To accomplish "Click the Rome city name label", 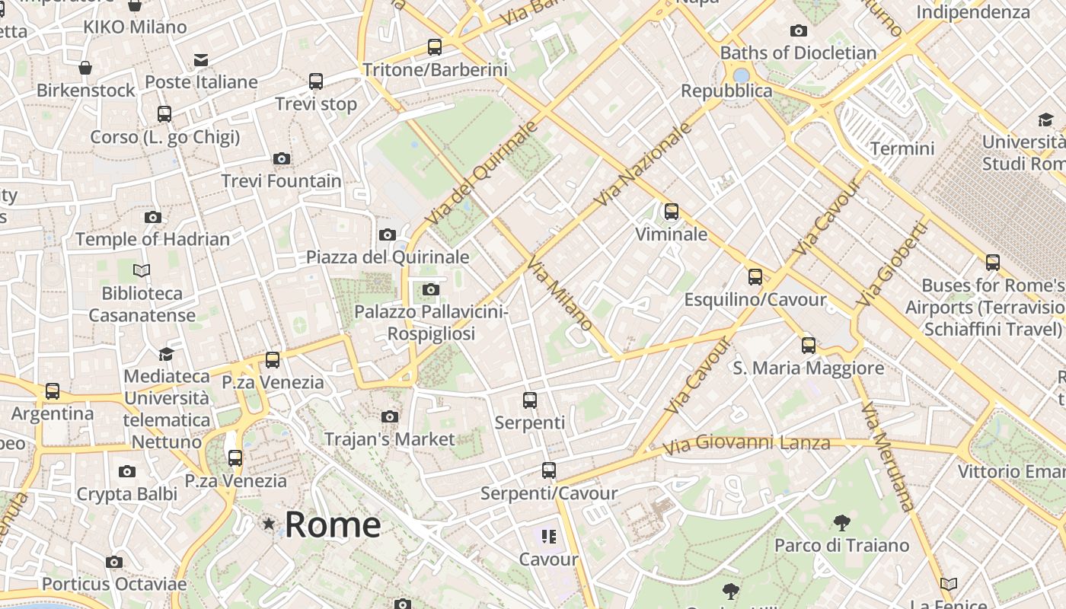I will (x=333, y=525).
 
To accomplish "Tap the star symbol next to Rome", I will (x=269, y=524).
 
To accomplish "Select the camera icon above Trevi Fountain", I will (x=282, y=158).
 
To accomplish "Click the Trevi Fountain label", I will (x=281, y=181).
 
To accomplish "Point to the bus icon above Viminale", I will (x=671, y=212).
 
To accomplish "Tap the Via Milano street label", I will (x=560, y=293).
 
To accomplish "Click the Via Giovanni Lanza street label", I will (x=746, y=443).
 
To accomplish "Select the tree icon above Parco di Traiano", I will (x=841, y=522).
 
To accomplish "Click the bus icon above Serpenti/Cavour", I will (x=548, y=470).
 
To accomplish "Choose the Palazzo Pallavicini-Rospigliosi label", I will (x=431, y=323).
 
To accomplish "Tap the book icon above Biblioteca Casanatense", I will (x=142, y=270).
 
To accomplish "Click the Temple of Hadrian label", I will (x=152, y=239).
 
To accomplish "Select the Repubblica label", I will (x=726, y=91).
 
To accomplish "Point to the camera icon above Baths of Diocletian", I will (x=798, y=31).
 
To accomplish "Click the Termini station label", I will (x=902, y=148).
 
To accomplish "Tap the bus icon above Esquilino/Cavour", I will (x=755, y=277).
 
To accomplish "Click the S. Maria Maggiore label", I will (x=808, y=368).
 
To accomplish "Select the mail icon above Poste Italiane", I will (x=201, y=59).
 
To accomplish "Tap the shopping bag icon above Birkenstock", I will (x=85, y=68).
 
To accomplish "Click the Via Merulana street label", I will (x=887, y=457).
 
